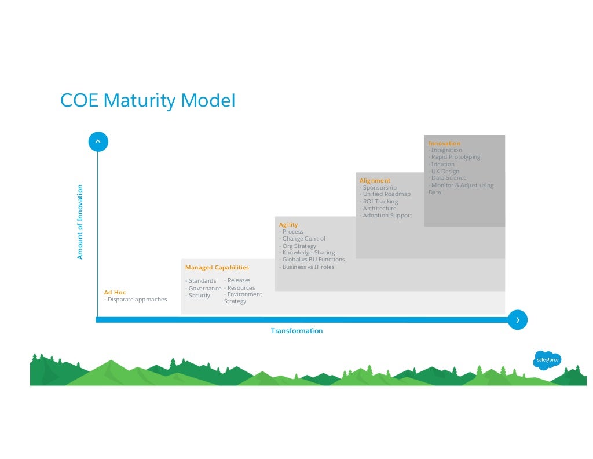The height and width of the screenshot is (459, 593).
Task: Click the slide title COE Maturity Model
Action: click(148, 101)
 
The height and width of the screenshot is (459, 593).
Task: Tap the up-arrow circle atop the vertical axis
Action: click(98, 141)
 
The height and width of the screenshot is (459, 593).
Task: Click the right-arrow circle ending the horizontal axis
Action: click(518, 320)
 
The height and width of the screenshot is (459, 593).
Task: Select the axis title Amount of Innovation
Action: click(80, 221)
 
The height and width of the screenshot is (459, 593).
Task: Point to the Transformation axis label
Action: click(296, 331)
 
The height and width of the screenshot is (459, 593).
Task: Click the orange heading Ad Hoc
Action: click(115, 293)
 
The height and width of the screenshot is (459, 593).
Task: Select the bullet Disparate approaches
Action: click(136, 300)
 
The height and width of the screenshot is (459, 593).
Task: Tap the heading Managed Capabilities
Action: click(217, 268)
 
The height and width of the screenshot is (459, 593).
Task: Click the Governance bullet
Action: click(203, 289)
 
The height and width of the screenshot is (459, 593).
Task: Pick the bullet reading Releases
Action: click(237, 280)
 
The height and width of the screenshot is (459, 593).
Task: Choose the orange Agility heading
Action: click(288, 224)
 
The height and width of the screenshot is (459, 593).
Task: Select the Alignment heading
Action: click(375, 181)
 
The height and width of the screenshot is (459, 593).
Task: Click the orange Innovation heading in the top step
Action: click(444, 143)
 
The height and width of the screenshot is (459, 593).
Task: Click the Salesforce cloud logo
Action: click(547, 360)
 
